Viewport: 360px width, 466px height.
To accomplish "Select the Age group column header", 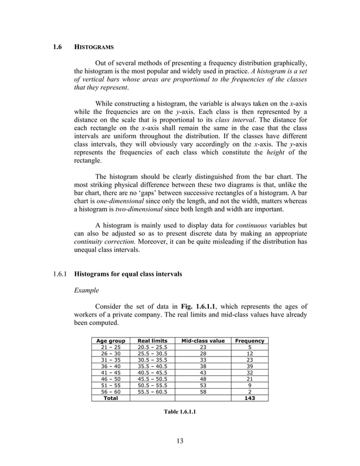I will [x=111, y=341].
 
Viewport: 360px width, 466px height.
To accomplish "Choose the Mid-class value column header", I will [x=203, y=341].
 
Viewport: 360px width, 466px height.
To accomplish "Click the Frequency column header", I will [x=249, y=341].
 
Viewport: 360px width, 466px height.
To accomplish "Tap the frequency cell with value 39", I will [x=249, y=366].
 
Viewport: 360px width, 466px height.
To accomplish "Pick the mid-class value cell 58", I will [x=203, y=391].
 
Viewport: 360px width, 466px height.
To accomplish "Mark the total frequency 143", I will [x=249, y=398].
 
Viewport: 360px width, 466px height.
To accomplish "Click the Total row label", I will [x=111, y=398].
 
